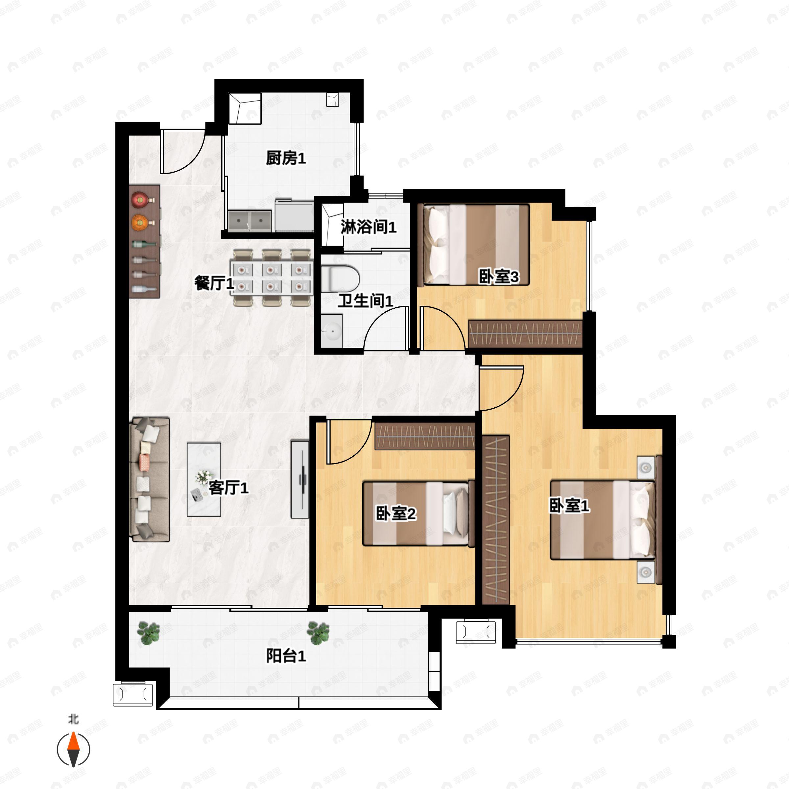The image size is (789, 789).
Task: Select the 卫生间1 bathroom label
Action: (365, 301)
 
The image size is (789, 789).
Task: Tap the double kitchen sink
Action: (250, 221)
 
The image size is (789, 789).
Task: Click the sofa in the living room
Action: (150, 479)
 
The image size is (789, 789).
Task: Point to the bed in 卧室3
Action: (476, 244)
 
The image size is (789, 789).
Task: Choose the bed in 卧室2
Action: (418, 513)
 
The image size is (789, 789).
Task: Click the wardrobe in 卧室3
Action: (525, 333)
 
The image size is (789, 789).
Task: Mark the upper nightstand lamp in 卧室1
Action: (645, 467)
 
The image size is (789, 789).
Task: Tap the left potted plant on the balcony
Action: (148, 633)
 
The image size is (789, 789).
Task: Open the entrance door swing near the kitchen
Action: (182, 151)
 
